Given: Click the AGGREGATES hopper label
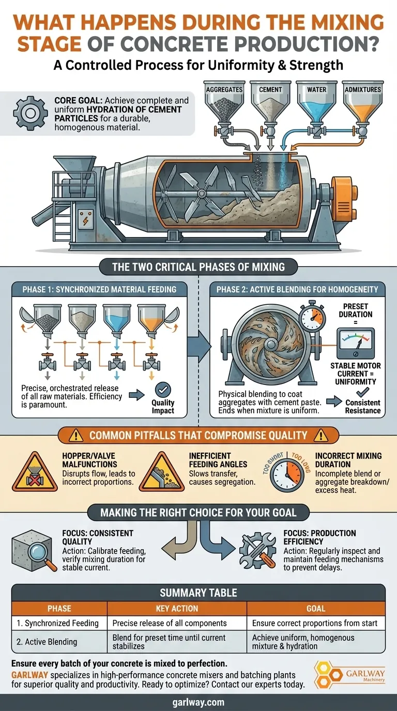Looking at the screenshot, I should [x=224, y=89].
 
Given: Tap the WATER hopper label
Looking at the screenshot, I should [x=316, y=89].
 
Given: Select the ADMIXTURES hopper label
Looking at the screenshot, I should [x=362, y=89].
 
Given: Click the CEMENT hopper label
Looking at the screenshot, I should [x=270, y=89].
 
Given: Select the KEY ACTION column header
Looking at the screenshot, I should [x=177, y=608].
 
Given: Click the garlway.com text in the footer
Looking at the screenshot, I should [x=198, y=702].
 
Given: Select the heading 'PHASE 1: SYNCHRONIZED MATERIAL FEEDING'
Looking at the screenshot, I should [x=99, y=289].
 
